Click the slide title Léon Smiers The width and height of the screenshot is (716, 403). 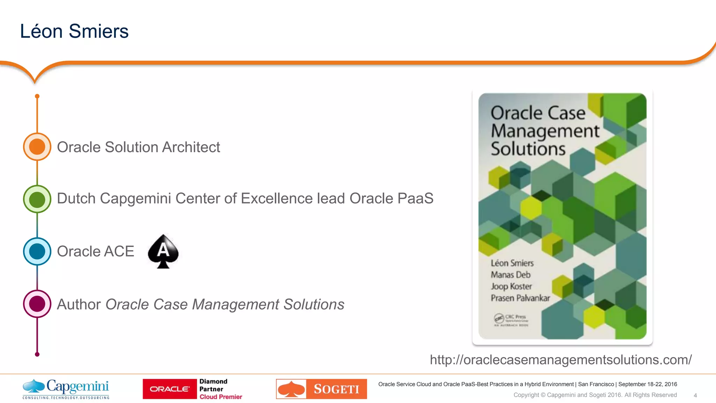74,31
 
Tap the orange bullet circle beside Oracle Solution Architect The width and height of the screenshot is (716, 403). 37,147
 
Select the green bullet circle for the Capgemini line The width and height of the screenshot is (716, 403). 37,199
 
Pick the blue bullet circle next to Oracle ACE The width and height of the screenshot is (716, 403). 37,251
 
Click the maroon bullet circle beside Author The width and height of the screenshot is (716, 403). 37,304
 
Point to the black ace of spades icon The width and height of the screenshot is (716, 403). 163,251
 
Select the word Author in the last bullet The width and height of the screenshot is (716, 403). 79,304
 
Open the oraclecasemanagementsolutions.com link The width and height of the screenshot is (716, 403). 560,360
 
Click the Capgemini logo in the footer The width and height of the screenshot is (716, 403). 66,389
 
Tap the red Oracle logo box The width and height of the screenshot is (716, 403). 170,389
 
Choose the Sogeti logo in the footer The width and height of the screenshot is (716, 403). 321,389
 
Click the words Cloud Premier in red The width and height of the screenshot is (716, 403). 221,397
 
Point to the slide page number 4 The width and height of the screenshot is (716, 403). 695,395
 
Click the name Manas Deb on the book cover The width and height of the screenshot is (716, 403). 510,275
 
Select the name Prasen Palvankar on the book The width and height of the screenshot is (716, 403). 520,298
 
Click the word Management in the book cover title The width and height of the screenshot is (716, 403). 545,131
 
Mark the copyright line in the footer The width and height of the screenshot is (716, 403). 595,395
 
